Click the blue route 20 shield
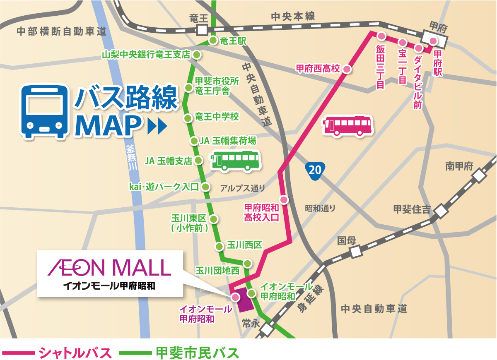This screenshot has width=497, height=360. pyautogui.click(x=314, y=170)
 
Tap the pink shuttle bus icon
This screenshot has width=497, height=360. pyautogui.click(x=347, y=126)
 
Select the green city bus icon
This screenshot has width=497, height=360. pyautogui.click(x=235, y=161)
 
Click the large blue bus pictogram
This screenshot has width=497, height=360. pyautogui.click(x=45, y=111)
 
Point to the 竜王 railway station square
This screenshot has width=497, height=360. pyautogui.click(x=202, y=30)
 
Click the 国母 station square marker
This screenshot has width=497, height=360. pyautogui.click(x=355, y=252)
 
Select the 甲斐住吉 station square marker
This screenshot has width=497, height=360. pyautogui.click(x=441, y=211)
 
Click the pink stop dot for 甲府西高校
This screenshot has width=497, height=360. pyautogui.click(x=347, y=69)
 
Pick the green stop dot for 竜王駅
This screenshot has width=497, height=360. pyautogui.click(x=213, y=40)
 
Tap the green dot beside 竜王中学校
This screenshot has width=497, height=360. pyautogui.click(x=188, y=118)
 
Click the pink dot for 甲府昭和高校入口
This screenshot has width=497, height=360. pyautogui.click(x=284, y=200)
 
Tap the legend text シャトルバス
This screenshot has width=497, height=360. pyautogui.click(x=75, y=353)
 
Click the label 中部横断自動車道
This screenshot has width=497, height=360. pyautogui.click(x=62, y=31)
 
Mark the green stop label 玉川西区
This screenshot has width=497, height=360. pyautogui.click(x=245, y=245)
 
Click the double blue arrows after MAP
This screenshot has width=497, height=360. pyautogui.click(x=157, y=125)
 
